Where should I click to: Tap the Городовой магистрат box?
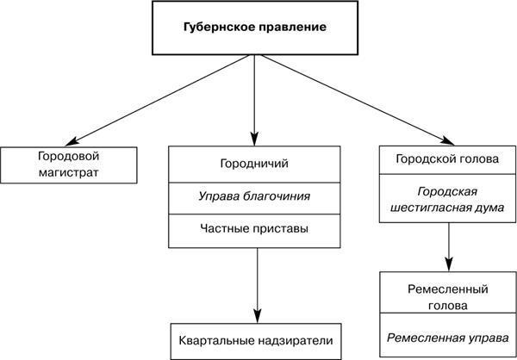[69, 165]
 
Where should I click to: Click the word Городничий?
[254, 164]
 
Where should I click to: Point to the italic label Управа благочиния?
[254, 196]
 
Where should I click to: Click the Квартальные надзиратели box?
[256, 342]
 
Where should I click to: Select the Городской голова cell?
[447, 160]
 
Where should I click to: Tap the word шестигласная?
[431, 208]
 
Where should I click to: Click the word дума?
[490, 208]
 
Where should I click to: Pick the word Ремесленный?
[448, 289]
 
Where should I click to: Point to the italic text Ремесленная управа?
[448, 338]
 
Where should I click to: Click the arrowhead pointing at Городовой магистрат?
[72, 142]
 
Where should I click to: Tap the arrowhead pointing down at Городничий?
[254, 139]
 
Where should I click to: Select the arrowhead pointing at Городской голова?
[448, 140]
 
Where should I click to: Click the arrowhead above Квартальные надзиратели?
[257, 316]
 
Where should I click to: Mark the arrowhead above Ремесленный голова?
[448, 264]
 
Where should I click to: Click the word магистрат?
[69, 173]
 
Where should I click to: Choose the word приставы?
[281, 229]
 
